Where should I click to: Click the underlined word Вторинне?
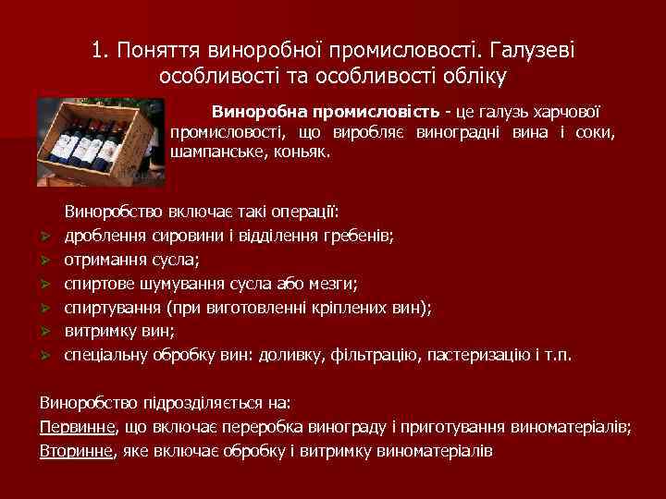coord(76,451)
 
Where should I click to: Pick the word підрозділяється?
coord(190,403)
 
